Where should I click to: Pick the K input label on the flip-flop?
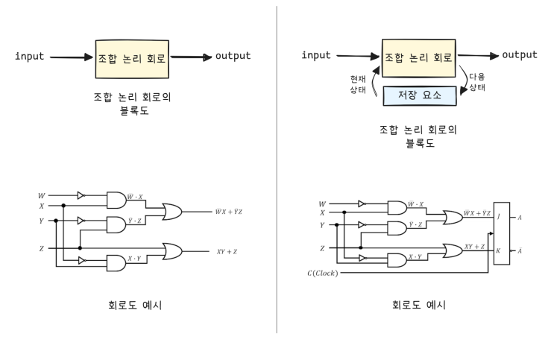[x=497, y=251]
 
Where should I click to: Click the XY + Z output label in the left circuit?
[x=226, y=252]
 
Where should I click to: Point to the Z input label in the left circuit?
[x=42, y=247]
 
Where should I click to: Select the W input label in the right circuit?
[x=321, y=203]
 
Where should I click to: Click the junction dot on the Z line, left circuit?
[x=80, y=247]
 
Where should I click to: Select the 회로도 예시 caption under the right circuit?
[x=418, y=306]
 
